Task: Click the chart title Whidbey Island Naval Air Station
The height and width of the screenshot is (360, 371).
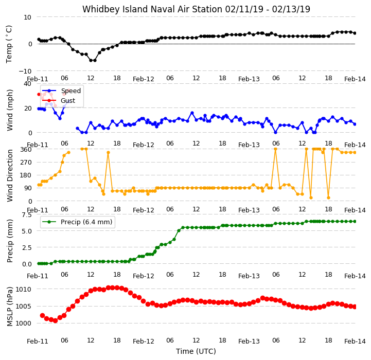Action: pos(153,9)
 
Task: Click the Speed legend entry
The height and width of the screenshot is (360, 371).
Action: pos(61,91)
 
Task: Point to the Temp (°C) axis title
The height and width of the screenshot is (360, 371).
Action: pos(9,44)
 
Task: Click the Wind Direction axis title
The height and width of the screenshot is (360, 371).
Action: pos(10,175)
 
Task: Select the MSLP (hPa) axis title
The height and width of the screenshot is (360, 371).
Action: pos(10,307)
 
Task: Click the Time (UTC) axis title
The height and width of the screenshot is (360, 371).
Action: pos(196,351)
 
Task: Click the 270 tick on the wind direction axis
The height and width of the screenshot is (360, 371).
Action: pos(27,163)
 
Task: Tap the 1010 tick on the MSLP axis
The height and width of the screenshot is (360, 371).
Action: pos(23,289)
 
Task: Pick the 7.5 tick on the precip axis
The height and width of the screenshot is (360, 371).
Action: pos(27,215)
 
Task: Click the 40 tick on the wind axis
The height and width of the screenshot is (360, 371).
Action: pos(27,83)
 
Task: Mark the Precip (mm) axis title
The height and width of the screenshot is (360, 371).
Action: pos(10,241)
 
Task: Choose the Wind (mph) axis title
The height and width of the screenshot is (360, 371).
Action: pos(10,110)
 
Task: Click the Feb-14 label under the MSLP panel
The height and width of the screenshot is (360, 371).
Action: pos(355,341)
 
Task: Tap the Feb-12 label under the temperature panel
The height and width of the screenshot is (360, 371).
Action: pos(144,79)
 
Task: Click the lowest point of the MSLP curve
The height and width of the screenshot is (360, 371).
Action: pos(55,320)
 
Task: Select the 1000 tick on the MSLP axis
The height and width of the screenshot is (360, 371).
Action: pos(23,323)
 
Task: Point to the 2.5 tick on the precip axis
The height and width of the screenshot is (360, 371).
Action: pos(27,247)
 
